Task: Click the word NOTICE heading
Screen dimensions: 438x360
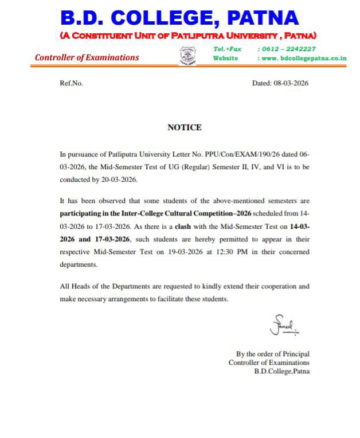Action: click(184, 127)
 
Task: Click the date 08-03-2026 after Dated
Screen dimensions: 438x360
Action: click(290, 83)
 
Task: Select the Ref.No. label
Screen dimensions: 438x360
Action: click(72, 83)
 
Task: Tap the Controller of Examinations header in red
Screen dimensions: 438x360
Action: click(87, 57)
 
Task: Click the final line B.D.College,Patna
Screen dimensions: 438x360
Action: click(281, 371)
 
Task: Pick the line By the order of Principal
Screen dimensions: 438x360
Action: click(272, 354)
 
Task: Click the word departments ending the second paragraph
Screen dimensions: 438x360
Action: click(79, 265)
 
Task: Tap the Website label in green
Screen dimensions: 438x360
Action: click(225, 58)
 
